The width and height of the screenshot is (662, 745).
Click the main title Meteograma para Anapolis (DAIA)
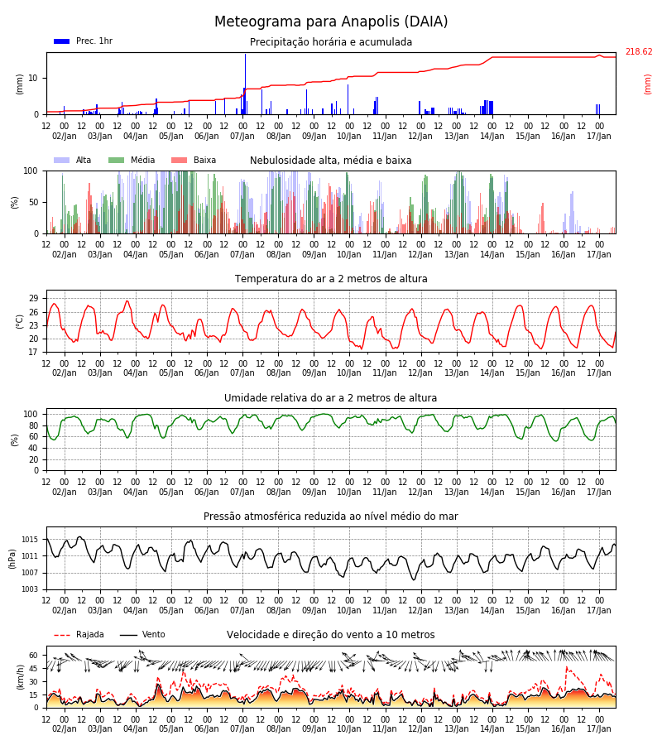[x=331, y=22]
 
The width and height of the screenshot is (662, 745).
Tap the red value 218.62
[x=639, y=52]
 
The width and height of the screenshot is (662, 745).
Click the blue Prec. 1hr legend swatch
[x=62, y=41]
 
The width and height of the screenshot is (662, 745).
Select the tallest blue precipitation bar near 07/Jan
[x=245, y=84]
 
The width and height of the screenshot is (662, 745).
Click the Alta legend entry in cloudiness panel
[x=72, y=160]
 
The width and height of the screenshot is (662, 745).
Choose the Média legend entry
[x=132, y=160]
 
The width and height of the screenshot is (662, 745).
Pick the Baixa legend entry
[x=194, y=160]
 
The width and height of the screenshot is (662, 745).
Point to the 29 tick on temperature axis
[x=34, y=298]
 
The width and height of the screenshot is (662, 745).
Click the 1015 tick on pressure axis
[x=30, y=540]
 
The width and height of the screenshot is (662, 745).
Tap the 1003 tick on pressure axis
[x=30, y=589]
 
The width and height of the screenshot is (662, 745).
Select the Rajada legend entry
[x=79, y=635]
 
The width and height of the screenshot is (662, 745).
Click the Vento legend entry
[x=142, y=635]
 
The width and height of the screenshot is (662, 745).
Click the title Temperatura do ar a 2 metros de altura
[x=331, y=279]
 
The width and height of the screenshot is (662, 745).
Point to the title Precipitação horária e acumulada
[x=331, y=42]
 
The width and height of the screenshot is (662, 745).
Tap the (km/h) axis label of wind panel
[x=20, y=677]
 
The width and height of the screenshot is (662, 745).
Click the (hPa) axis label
[x=12, y=559]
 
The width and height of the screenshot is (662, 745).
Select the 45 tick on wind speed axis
[x=34, y=669]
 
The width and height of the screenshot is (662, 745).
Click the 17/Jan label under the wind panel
[x=599, y=728]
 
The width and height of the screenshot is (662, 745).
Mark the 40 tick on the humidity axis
[x=34, y=448]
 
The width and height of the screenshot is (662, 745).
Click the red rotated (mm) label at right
[x=647, y=84]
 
